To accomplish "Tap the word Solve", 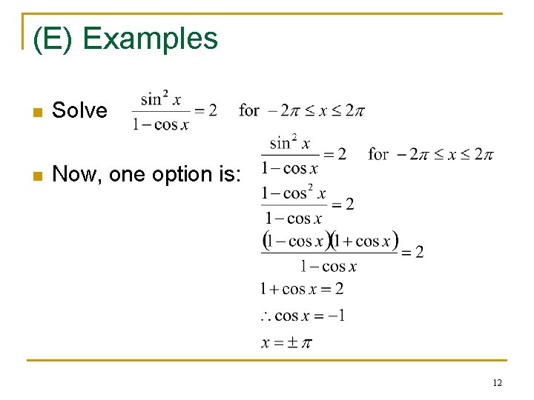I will coord(79,111).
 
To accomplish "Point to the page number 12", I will coord(497,382).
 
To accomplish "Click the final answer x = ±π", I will coord(286,342).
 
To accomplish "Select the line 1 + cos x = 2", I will coord(301,289).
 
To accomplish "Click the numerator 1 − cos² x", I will coord(294,194).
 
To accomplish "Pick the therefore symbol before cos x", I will coord(266,317).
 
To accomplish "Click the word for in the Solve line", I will coord(249,111).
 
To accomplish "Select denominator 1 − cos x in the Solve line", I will coord(161,124).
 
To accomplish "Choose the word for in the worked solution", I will coord(378,154).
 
